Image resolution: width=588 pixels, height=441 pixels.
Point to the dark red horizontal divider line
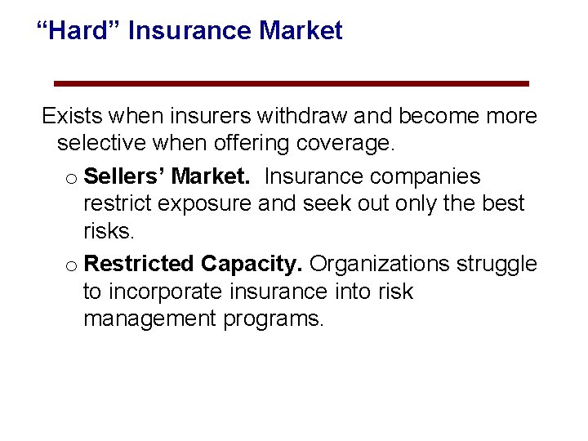point(291,83)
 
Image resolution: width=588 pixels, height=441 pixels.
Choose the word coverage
point(347,145)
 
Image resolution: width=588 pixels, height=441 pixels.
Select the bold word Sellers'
point(125,176)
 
